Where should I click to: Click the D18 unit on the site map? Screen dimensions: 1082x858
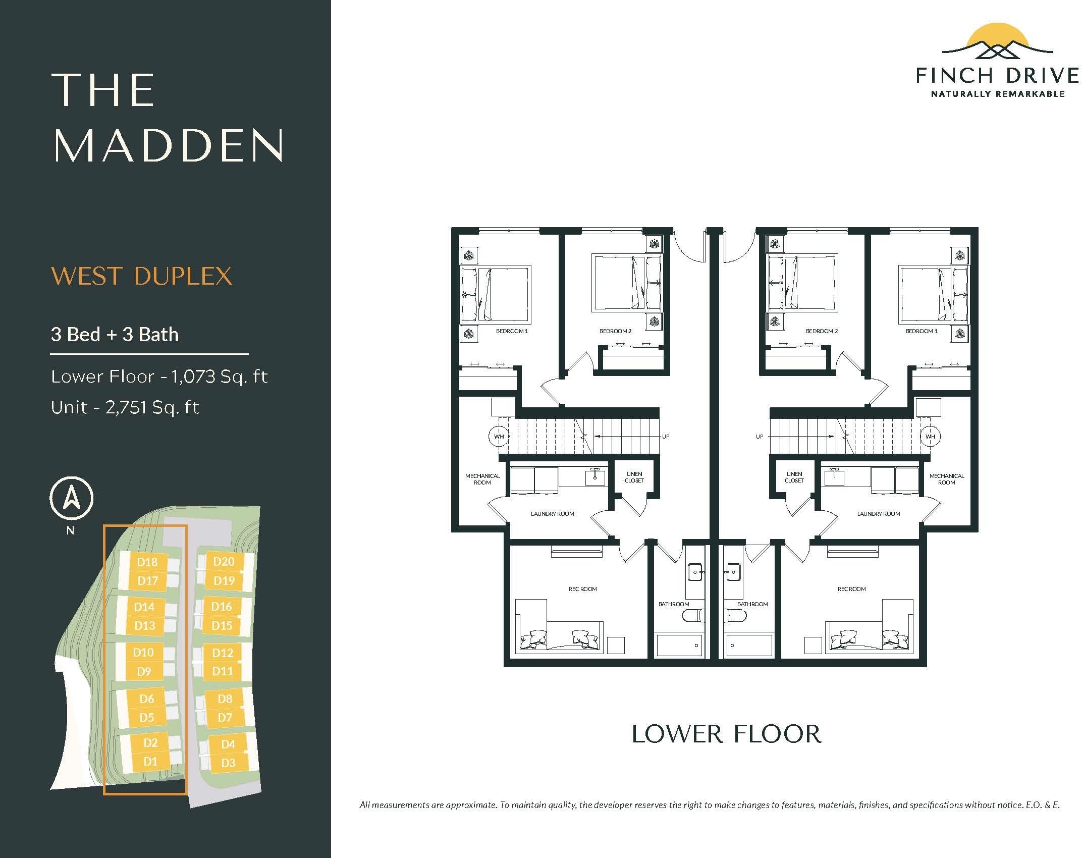coord(147,562)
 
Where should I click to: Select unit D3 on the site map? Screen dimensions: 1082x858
coord(228,763)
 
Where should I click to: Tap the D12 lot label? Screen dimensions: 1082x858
coord(223,653)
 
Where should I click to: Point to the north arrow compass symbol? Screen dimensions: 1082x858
coord(71,498)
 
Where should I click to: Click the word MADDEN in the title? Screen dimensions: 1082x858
coord(169,145)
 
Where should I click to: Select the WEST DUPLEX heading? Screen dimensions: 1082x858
coord(142,276)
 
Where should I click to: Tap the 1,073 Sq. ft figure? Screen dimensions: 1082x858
coord(220,377)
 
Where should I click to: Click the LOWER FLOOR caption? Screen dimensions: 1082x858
coord(727,734)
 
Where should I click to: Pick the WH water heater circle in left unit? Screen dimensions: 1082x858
coord(499,436)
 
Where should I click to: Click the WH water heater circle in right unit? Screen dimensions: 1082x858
coord(930,436)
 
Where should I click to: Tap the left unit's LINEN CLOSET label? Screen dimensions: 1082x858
coord(634,477)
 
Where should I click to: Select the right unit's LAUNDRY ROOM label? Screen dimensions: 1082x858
coord(879,514)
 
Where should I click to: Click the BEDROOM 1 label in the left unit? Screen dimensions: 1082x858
coord(512,331)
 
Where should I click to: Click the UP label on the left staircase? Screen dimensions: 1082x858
coord(666,437)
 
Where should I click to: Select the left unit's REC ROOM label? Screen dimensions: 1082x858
coord(583,589)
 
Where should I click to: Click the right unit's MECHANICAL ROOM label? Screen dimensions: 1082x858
coord(947,479)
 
